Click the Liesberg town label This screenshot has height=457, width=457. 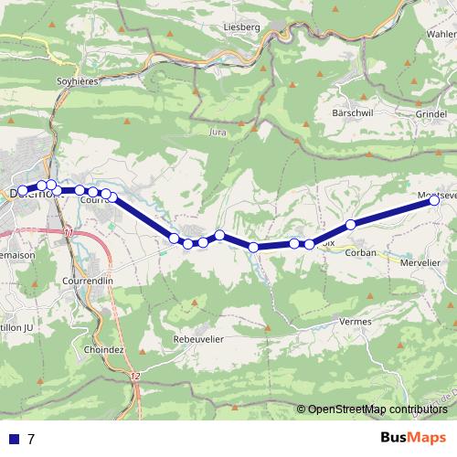click(x=242, y=27)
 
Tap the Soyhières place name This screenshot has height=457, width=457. click(x=79, y=80)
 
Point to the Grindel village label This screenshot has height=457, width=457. click(x=430, y=114)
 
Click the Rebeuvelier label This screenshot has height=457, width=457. click(x=198, y=338)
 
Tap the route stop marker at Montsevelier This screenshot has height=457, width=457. click(x=433, y=201)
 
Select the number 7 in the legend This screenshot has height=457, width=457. click(x=31, y=440)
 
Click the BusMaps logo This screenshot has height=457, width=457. click(x=413, y=439)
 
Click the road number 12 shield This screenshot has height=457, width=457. click(x=135, y=377)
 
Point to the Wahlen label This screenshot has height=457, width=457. click(x=441, y=33)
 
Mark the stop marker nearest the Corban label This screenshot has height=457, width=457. click(x=350, y=225)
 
